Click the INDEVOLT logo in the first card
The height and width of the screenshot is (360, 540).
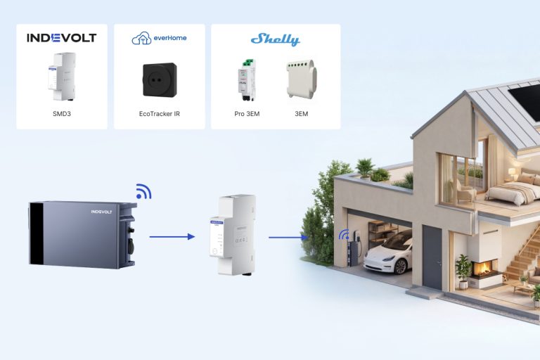[62, 37]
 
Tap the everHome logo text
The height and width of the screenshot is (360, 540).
[170, 38]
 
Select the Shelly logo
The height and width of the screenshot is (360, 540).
[276, 39]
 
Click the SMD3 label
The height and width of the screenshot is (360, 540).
[62, 114]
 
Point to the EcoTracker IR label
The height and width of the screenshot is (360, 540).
[160, 114]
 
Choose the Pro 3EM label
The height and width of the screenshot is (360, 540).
[247, 114]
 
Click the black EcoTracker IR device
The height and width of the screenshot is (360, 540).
[160, 80]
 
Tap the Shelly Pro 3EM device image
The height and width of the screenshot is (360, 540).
[247, 80]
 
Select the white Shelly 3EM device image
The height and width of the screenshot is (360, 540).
[302, 79]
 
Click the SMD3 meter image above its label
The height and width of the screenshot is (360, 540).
[62, 77]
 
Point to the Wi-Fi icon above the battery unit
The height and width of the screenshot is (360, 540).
[143, 191]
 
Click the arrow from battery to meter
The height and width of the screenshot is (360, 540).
[172, 237]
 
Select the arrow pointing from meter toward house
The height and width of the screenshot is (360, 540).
[288, 238]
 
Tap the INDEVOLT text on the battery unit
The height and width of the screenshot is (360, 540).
[101, 212]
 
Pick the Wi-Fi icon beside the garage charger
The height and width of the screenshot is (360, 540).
[344, 235]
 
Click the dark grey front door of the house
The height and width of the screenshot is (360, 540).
[432, 257]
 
